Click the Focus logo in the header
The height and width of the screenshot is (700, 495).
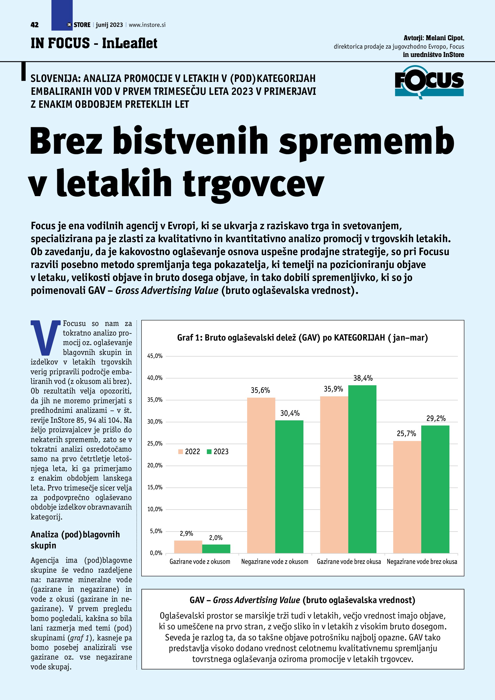tap(429, 82)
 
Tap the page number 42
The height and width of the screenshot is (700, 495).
tap(34, 25)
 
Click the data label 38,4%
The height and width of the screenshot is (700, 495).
tap(363, 378)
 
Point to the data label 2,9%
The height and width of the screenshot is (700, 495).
tap(186, 533)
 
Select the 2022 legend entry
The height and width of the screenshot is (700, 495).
tap(189, 451)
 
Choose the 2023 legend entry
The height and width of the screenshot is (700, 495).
tap(218, 451)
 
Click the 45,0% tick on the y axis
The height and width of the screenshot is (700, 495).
tap(155, 356)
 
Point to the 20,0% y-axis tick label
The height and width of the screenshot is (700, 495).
tap(155, 465)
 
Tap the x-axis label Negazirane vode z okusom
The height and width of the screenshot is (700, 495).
tap(275, 562)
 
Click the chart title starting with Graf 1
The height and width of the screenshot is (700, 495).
tap(302, 337)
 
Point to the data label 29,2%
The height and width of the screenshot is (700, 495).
tap(436, 418)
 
